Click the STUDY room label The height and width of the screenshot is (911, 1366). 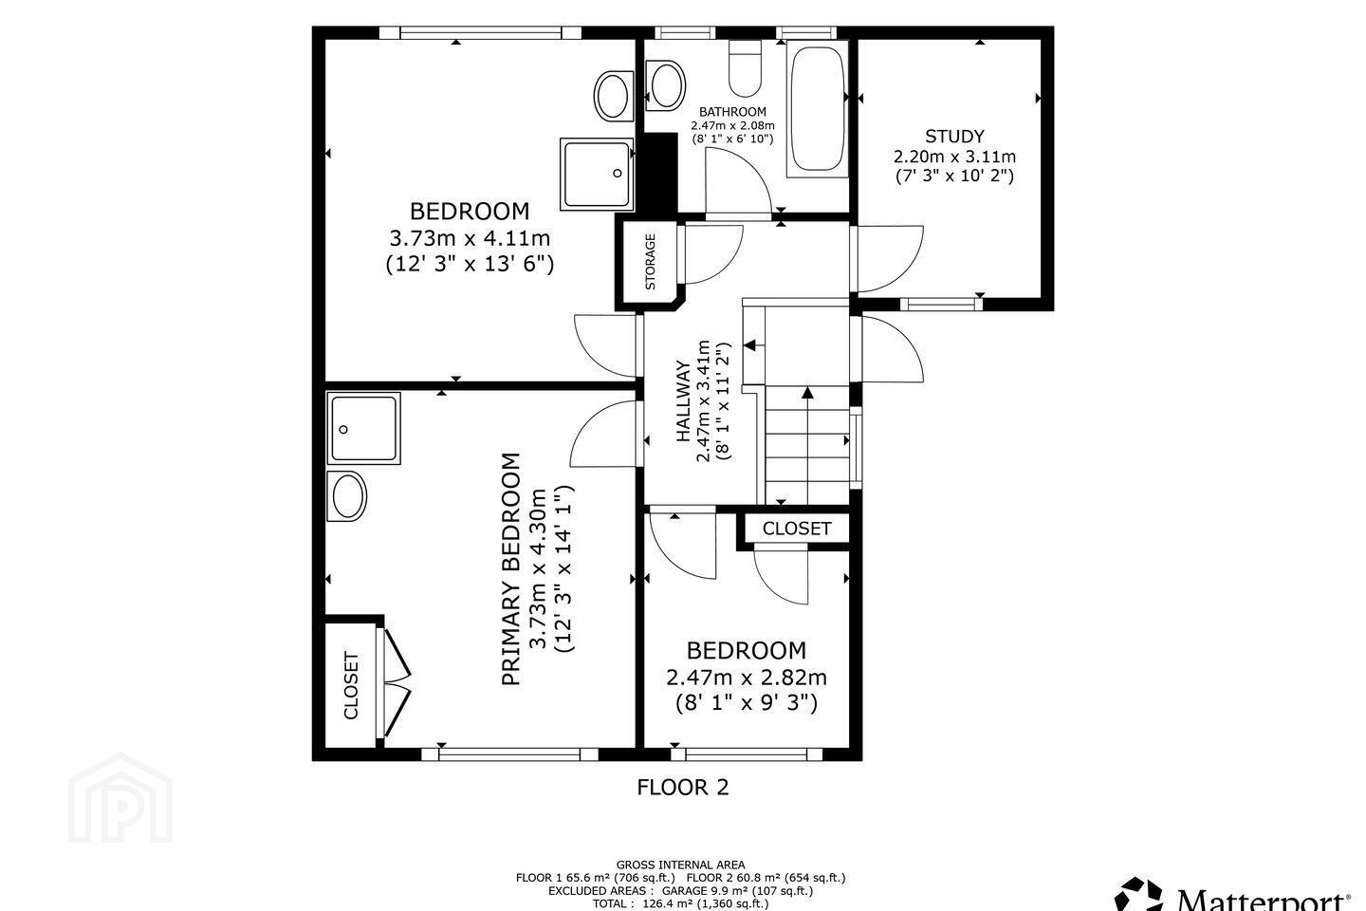tap(954, 136)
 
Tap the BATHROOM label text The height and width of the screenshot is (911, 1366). tap(732, 112)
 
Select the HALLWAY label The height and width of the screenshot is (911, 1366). tap(684, 400)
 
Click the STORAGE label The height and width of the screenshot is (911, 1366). tap(650, 261)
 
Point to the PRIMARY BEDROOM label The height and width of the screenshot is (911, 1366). tap(511, 568)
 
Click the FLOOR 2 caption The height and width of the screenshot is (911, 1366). tap(682, 787)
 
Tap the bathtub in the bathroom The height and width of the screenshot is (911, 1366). tap(817, 108)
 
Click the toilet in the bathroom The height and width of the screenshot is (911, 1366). tap(745, 68)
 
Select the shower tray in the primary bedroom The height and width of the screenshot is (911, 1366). tap(363, 428)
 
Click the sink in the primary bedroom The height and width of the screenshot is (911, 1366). tap(346, 495)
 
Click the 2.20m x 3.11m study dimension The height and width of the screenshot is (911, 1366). tap(954, 157)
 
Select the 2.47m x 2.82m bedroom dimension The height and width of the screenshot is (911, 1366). tap(747, 678)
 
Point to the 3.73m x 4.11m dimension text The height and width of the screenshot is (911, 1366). tap(470, 237)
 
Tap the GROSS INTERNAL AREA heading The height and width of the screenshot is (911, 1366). tap(680, 865)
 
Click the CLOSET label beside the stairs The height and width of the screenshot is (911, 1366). tap(797, 529)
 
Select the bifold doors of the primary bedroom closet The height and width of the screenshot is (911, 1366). tap(397, 682)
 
